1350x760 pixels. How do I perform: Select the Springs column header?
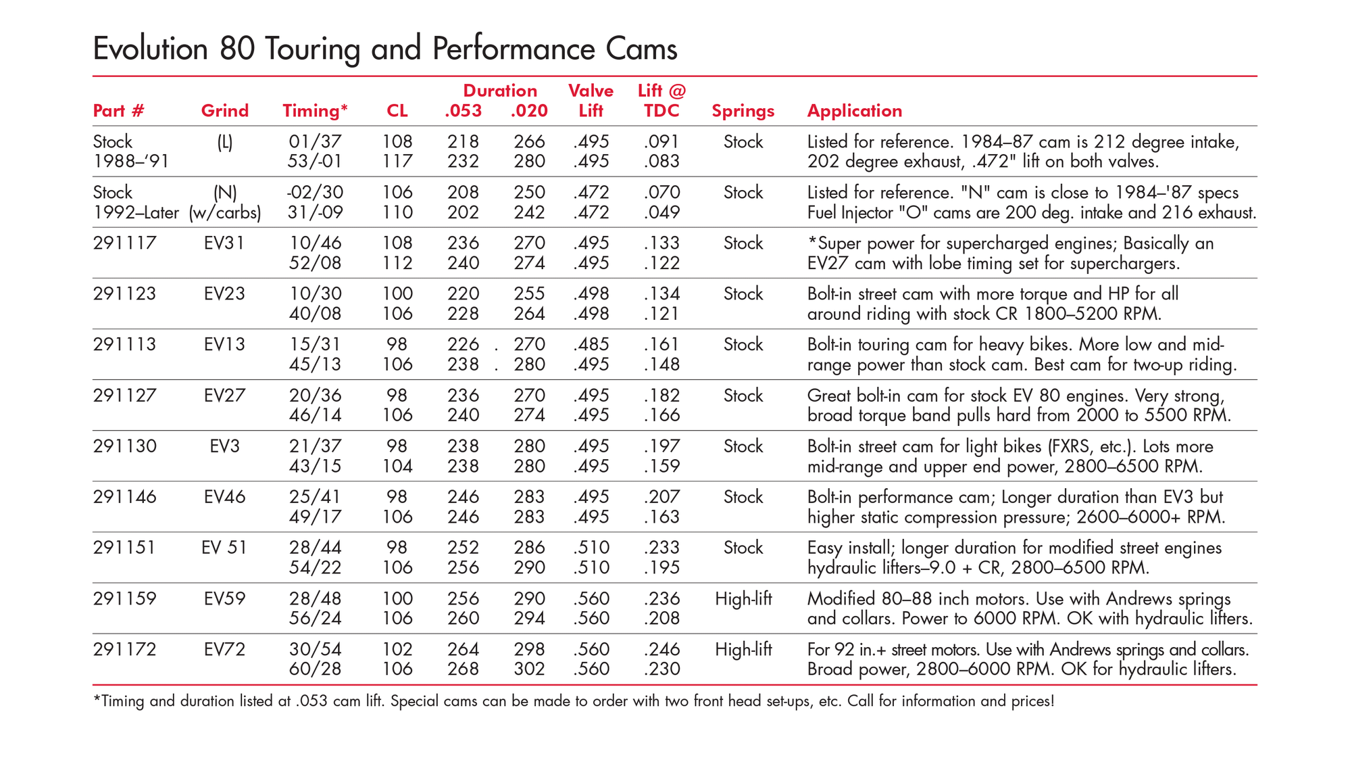click(x=743, y=112)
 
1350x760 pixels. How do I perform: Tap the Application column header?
click(x=855, y=112)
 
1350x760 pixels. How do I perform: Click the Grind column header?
click(x=224, y=111)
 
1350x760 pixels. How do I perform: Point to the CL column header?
click(x=397, y=111)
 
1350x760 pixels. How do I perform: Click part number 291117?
click(x=124, y=243)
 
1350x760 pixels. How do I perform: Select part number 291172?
click(x=124, y=649)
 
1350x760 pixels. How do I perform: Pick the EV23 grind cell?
click(x=224, y=293)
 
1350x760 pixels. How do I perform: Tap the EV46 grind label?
click(x=224, y=497)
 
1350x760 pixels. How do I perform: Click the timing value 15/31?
click(x=315, y=344)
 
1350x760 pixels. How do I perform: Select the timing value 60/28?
click(x=315, y=669)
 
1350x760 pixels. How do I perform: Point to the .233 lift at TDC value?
click(x=661, y=547)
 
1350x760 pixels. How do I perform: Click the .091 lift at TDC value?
click(x=661, y=141)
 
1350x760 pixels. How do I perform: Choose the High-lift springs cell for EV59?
click(x=743, y=599)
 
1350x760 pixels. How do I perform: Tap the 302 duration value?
click(x=529, y=669)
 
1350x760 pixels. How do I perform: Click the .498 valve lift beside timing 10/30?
click(x=591, y=293)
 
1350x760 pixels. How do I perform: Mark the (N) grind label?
click(x=225, y=193)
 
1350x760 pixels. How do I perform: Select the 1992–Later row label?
click(x=136, y=212)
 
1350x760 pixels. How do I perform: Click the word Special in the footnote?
click(x=415, y=701)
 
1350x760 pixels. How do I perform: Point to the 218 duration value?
click(x=463, y=141)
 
